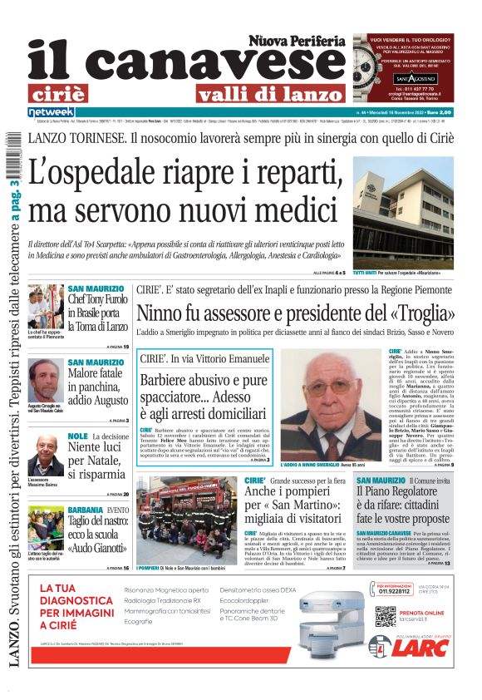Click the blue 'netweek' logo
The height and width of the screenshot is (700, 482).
(51, 112)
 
